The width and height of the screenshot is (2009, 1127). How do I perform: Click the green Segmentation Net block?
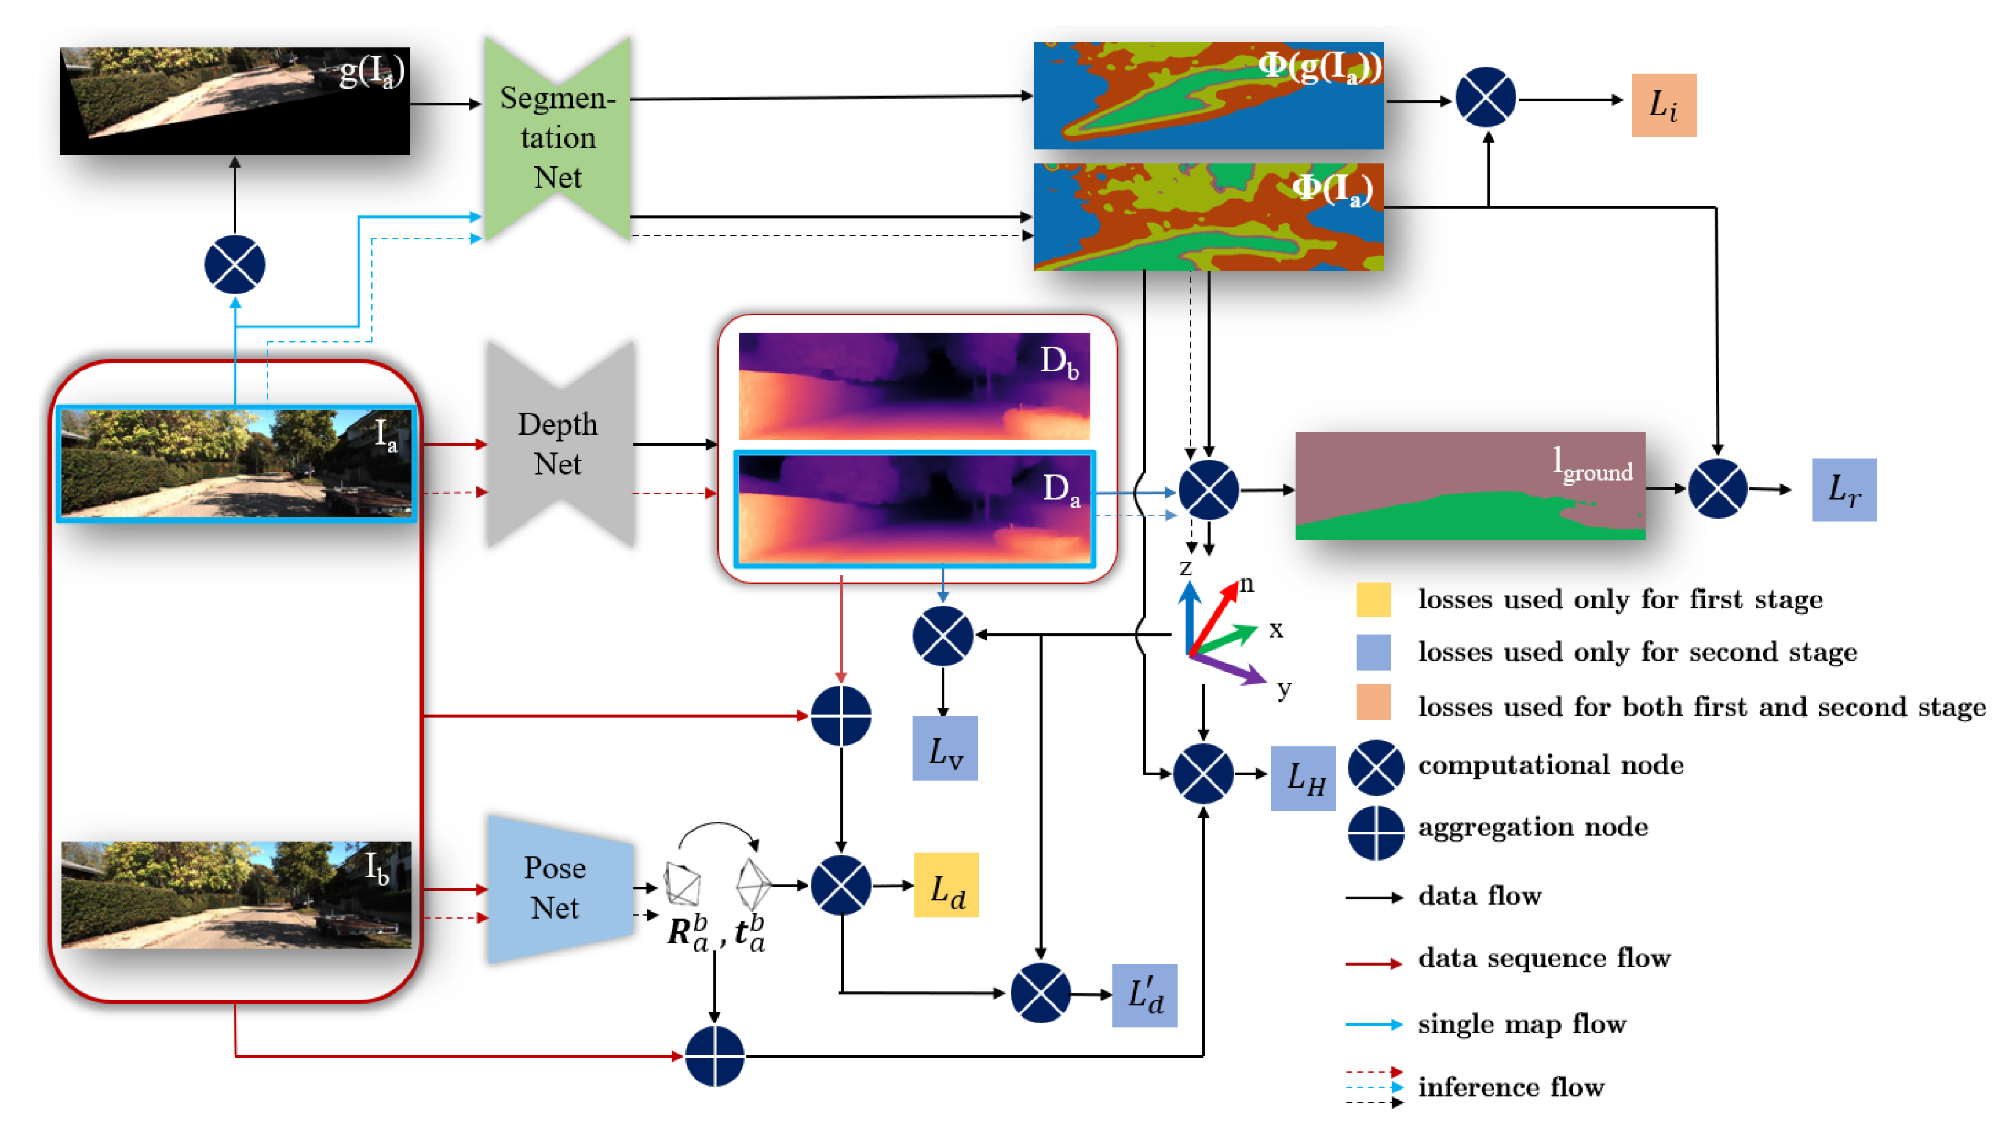point(558,138)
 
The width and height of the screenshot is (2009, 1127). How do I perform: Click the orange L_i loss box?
point(1664,105)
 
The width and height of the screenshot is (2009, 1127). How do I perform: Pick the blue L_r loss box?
point(1844,490)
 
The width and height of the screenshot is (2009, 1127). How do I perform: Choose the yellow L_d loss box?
point(946,885)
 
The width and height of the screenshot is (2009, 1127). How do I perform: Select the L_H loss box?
point(1303,778)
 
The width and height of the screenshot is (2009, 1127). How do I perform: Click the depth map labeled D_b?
point(914,386)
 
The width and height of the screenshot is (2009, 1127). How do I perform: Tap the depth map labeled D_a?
point(914,509)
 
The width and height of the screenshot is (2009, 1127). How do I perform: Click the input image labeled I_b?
point(235,894)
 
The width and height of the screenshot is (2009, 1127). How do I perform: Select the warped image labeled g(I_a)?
point(235,101)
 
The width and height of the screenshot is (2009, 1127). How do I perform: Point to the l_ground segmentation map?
point(1470,485)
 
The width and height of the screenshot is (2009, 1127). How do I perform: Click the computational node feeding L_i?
point(1486,98)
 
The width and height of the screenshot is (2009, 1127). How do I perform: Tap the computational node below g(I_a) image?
point(235,265)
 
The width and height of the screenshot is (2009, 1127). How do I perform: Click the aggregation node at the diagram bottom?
point(714,1055)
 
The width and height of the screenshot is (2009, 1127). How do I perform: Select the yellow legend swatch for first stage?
point(1373,599)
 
